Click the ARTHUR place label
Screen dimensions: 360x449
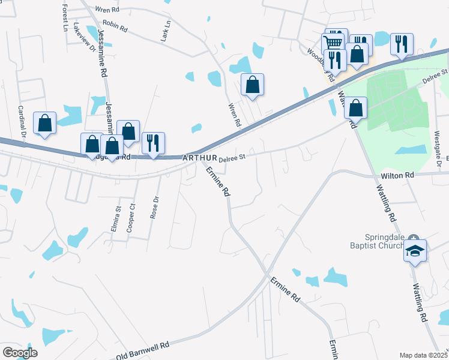pos(199,158)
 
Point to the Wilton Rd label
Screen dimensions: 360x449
pos(398,175)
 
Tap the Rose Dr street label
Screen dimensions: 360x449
pos(156,208)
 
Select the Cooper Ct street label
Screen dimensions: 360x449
pos(131,220)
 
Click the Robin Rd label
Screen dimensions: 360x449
pos(115,26)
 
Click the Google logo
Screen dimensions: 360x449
pos(20,353)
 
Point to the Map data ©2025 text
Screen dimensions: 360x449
pos(423,355)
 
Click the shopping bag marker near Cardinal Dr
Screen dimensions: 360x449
pos(44,123)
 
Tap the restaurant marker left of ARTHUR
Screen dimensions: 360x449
pos(153,143)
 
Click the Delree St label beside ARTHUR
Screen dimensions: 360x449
pos(233,158)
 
